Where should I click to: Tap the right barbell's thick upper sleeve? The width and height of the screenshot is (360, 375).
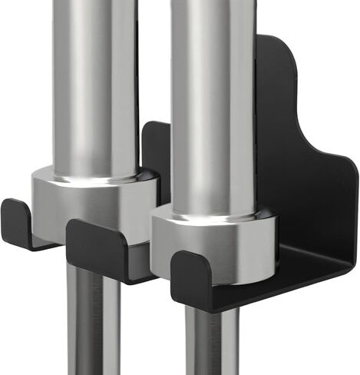coord(211,100)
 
